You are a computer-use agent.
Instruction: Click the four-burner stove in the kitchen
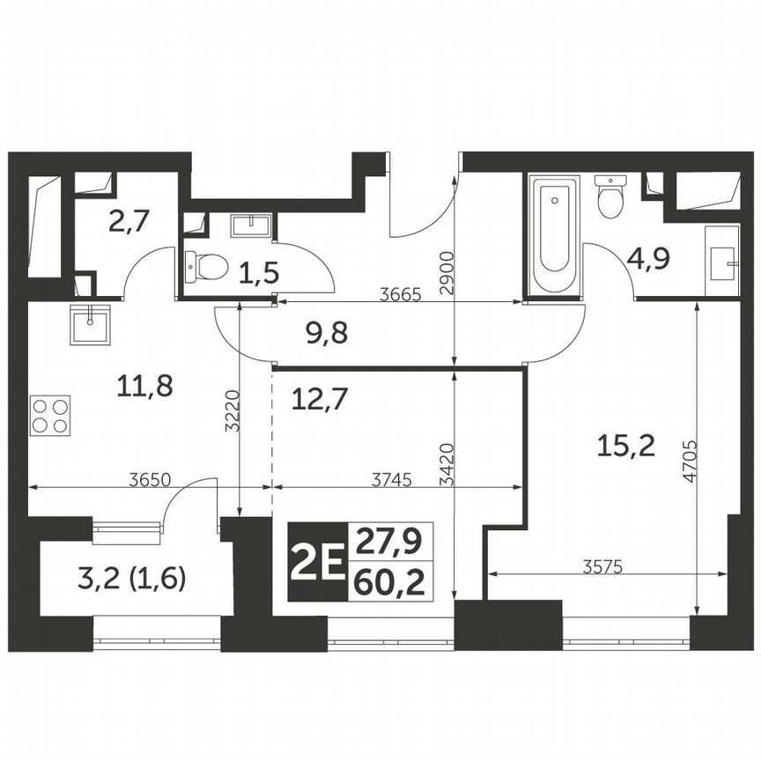click(50, 415)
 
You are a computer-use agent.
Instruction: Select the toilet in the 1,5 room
click(205, 263)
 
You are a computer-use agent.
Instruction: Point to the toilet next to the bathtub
click(610, 197)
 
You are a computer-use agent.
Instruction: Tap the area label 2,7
click(129, 220)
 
